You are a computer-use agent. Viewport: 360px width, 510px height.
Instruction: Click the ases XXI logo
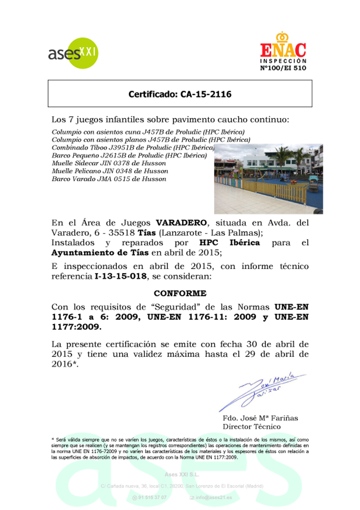tap(73, 53)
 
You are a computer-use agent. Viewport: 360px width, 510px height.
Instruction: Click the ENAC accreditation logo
tap(283, 52)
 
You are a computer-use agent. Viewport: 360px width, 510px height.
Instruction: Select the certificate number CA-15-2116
tap(180, 94)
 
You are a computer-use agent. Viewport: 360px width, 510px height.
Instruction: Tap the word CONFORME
tap(180, 293)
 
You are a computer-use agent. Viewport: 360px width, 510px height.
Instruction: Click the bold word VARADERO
tap(181, 223)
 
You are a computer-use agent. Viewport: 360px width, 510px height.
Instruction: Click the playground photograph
tap(268, 179)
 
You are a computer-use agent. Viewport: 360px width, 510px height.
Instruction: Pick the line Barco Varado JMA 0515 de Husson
tap(109, 179)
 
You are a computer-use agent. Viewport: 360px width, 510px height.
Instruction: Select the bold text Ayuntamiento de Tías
tap(100, 252)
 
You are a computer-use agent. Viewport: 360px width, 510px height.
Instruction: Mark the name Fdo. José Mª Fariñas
tap(260, 418)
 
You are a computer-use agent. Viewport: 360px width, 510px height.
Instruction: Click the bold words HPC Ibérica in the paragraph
tap(230, 243)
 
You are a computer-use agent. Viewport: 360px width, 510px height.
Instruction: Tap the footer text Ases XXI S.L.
tap(182, 474)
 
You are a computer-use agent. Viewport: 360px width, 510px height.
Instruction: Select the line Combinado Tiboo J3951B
tap(133, 148)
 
